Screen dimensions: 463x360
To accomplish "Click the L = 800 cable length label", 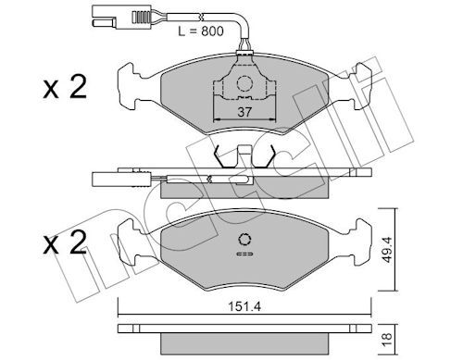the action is tap(201, 31).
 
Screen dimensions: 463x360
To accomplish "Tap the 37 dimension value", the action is tap(244, 112).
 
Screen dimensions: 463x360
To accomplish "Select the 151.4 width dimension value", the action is tap(244, 306).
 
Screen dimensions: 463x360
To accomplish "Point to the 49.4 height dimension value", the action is tap(387, 250).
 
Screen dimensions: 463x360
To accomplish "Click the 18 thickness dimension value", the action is tap(387, 339).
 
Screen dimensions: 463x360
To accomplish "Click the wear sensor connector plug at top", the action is tap(104, 18).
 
